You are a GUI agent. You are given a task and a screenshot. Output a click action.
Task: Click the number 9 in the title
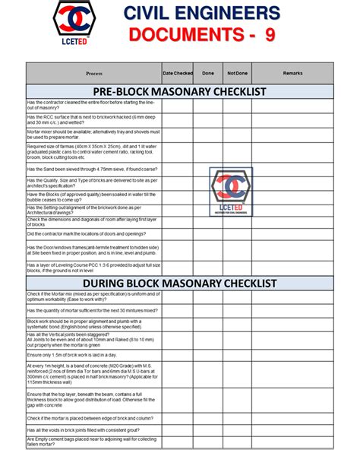click(270, 35)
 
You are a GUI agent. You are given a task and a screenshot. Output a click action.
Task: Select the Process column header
click(94, 73)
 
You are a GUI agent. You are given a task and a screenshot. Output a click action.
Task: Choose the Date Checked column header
click(178, 73)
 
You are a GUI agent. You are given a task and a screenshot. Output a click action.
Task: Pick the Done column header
click(208, 73)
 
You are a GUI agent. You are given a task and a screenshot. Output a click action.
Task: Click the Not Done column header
click(237, 73)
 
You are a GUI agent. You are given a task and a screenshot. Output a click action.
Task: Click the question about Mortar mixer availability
click(91, 133)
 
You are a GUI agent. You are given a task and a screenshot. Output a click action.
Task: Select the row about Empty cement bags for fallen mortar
click(91, 442)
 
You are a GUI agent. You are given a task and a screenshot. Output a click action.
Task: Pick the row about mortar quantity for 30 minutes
click(91, 310)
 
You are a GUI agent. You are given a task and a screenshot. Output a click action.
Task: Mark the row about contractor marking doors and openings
click(91, 234)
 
